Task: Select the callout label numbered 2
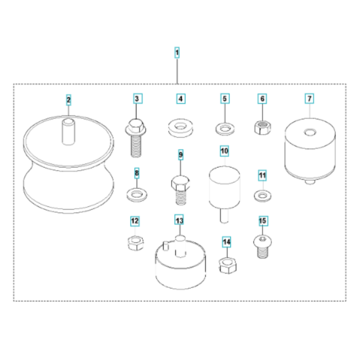68,100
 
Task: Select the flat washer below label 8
136,192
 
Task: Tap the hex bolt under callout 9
181,183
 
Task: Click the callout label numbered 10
224,151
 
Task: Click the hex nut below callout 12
136,242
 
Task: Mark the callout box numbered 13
180,221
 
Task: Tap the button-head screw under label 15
262,244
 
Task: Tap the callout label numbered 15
262,221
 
